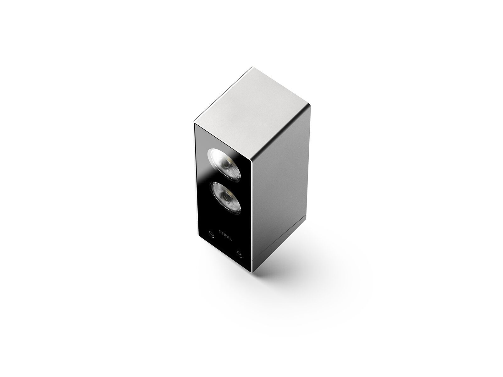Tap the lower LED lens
[226, 197]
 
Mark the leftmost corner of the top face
[194, 122]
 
